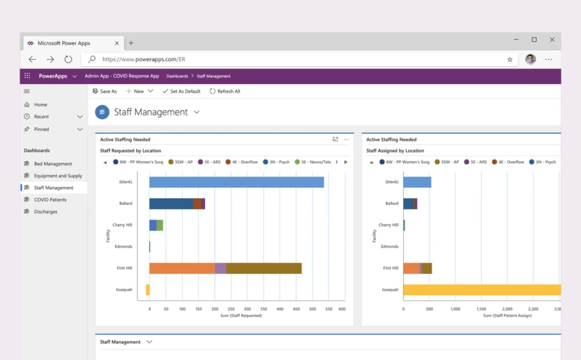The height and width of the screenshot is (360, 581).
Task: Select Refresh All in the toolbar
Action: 225,91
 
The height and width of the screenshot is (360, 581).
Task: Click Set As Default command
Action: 181,91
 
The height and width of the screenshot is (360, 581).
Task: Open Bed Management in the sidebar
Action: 53,164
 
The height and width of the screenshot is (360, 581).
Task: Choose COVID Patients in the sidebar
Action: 50,200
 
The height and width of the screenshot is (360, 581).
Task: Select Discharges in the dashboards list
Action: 45,212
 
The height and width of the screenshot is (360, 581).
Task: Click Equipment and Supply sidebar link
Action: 58,176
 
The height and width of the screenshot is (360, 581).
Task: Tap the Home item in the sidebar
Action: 40,105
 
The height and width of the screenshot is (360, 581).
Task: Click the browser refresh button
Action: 68,59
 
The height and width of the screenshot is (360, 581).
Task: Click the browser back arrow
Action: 32,59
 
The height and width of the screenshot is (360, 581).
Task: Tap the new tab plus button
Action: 131,43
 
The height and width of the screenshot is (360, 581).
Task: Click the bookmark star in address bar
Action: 510,59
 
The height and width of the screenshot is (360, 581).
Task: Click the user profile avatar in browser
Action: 531,59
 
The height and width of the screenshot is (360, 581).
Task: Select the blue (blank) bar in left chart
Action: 236,182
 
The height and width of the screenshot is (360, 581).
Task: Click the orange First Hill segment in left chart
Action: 182,269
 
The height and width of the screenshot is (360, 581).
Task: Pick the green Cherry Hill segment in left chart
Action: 160,225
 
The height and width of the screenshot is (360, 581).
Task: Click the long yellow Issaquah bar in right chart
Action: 482,290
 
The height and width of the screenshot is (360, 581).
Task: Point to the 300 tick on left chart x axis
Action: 246,309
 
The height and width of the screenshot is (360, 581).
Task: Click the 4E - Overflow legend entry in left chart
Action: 241,162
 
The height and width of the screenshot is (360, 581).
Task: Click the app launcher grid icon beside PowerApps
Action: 27,76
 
